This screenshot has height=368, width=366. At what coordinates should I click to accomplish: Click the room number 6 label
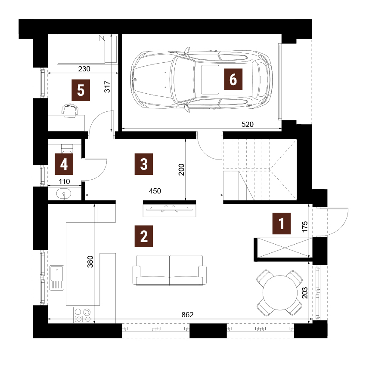[x=233, y=80]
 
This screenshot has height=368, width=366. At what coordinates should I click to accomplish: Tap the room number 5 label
[x=81, y=90]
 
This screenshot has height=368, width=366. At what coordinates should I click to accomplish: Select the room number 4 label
[x=64, y=164]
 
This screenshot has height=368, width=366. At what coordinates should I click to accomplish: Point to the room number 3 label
[x=144, y=164]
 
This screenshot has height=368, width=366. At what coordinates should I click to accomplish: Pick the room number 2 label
[x=144, y=236]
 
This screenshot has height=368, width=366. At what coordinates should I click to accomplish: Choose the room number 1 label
[x=281, y=224]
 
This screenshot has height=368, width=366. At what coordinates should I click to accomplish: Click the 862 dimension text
[x=187, y=315]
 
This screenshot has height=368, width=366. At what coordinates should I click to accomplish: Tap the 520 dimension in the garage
[x=248, y=124]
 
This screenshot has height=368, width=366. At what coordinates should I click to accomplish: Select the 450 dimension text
[x=155, y=191]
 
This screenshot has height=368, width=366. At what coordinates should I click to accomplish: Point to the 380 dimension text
[x=90, y=261]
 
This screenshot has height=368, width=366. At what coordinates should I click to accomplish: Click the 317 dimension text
[x=107, y=86]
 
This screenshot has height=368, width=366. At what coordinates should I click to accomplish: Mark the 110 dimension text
[x=64, y=181]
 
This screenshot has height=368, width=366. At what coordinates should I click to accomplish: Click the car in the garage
[x=202, y=80]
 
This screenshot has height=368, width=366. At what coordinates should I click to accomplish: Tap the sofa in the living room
[x=170, y=270]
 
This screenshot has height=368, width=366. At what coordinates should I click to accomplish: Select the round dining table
[x=280, y=293]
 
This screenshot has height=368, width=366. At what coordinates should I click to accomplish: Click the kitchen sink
[x=57, y=278]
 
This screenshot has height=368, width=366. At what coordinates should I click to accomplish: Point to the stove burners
[x=83, y=315]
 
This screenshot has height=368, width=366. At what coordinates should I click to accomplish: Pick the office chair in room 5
[x=70, y=110]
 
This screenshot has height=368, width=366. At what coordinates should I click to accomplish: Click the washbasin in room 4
[x=63, y=194]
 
